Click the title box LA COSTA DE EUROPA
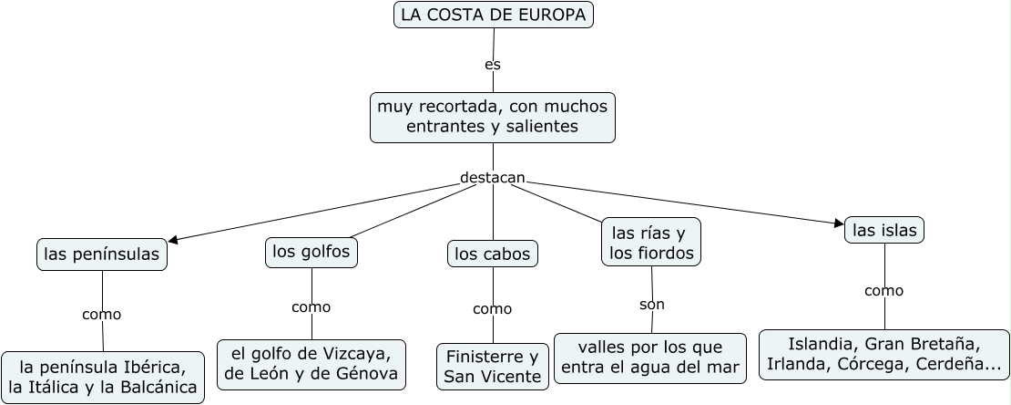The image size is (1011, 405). (x=494, y=15)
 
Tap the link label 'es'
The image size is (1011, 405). (x=493, y=65)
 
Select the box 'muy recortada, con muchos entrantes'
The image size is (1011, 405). (x=493, y=117)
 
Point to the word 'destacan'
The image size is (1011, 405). (x=493, y=178)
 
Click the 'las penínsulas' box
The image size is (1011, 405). (x=102, y=254)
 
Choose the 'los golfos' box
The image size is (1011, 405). (x=311, y=252)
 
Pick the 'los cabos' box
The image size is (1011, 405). (x=493, y=254)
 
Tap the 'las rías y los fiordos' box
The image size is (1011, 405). (x=651, y=242)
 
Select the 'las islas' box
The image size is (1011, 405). (x=884, y=230)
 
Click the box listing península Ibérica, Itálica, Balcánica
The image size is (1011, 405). (x=102, y=378)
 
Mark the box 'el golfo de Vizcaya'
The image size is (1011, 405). (x=311, y=364)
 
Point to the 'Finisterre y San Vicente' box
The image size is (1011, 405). (x=493, y=367)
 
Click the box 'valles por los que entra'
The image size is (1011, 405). (x=650, y=358)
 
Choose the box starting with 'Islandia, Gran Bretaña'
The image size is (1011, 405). (x=883, y=355)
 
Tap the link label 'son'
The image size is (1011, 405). (x=652, y=304)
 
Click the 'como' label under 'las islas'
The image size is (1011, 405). (x=883, y=291)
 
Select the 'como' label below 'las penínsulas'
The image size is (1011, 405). (x=101, y=315)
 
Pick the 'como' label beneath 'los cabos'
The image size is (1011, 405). (x=493, y=309)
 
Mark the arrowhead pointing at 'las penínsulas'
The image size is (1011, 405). (x=173, y=241)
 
